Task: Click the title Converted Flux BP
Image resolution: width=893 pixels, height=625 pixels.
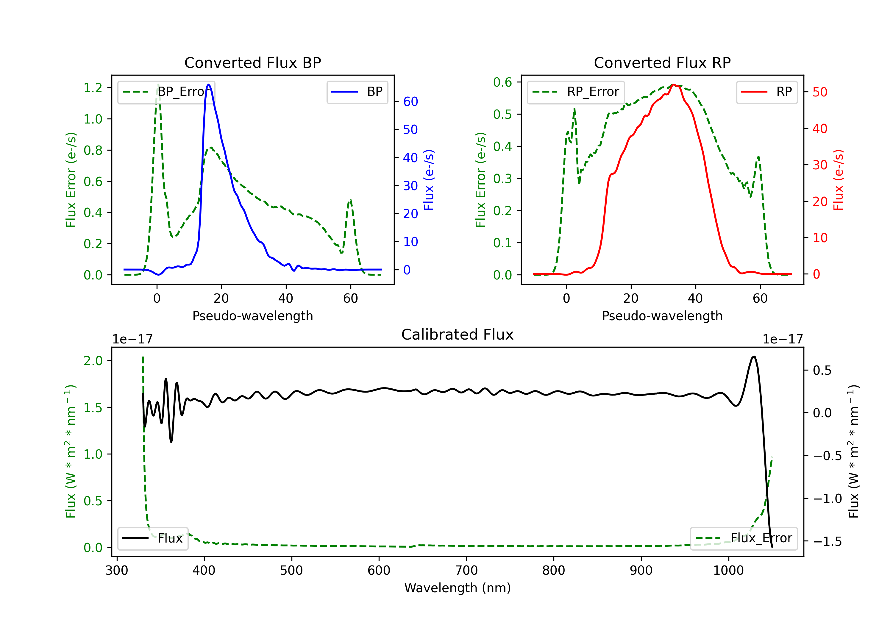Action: pyautogui.click(x=252, y=62)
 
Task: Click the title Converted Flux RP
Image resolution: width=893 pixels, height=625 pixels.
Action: pyautogui.click(x=662, y=62)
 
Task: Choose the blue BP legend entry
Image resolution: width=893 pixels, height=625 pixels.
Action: pyautogui.click(x=357, y=92)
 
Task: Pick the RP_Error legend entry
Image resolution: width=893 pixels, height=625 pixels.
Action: pyautogui.click(x=576, y=92)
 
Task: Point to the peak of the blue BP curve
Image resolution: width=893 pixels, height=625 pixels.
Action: pyautogui.click(x=209, y=85)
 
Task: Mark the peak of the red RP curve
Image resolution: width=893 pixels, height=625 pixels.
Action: pyautogui.click(x=674, y=85)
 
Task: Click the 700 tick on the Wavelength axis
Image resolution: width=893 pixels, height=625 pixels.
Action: pyautogui.click(x=466, y=570)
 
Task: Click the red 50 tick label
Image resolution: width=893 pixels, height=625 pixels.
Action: pyautogui.click(x=820, y=92)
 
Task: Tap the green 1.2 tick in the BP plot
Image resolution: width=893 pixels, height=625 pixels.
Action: pyautogui.click(x=93, y=88)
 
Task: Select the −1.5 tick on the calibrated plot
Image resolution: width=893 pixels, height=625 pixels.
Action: pyautogui.click(x=827, y=541)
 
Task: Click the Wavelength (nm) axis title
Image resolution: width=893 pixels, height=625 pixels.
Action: pyautogui.click(x=458, y=588)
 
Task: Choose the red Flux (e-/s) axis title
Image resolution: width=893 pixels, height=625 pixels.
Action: pyautogui.click(x=838, y=180)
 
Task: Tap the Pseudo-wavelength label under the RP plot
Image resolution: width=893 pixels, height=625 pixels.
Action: pyautogui.click(x=662, y=316)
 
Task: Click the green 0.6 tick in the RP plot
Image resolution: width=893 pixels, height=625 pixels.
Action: pyautogui.click(x=502, y=82)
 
